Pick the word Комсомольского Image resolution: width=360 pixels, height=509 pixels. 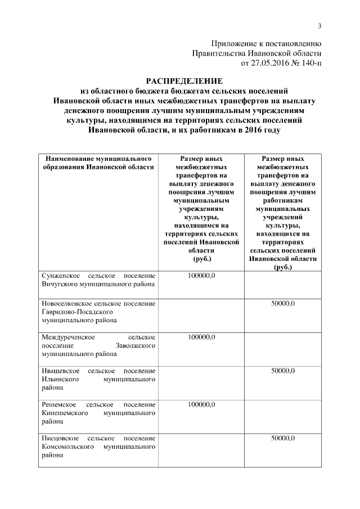69,447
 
